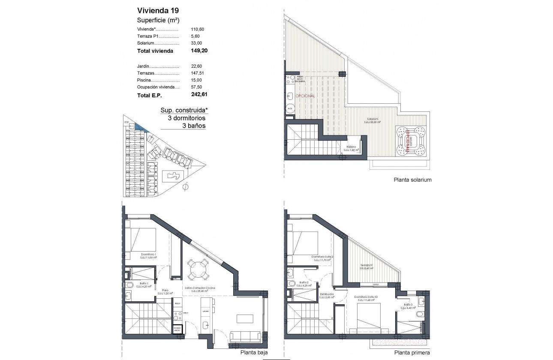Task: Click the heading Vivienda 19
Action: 156,11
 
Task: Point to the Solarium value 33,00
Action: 196,43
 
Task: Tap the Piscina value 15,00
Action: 196,80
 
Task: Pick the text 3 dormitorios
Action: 183,118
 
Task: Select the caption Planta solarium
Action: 412,180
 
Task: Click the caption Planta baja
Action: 252,352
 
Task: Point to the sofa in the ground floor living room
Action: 246,337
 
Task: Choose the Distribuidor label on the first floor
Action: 327,294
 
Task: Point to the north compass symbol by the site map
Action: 186,187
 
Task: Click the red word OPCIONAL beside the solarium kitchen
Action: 305,96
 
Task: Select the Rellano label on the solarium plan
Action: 352,147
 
